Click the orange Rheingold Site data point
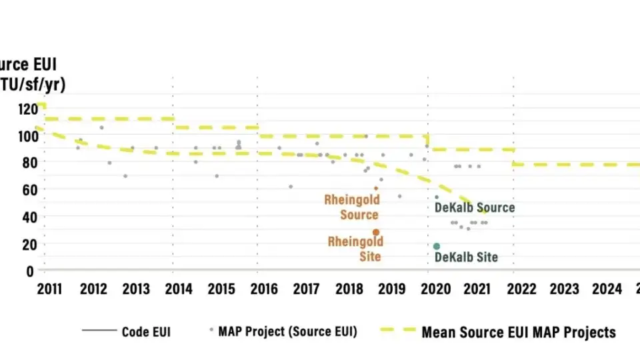pos(376,232)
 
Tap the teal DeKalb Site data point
pos(437,246)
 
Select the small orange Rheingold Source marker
pos(376,188)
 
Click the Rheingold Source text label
pos(352,207)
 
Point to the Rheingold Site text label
pos(355,249)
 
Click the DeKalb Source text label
pos(475,207)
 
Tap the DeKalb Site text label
pos(466,257)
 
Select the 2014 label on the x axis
pos(179,289)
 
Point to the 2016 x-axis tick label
pos(265,289)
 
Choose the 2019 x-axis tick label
pos(392,289)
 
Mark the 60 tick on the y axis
pos(27,189)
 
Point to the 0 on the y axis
pos(31,271)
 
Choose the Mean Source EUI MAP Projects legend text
pos(519,331)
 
